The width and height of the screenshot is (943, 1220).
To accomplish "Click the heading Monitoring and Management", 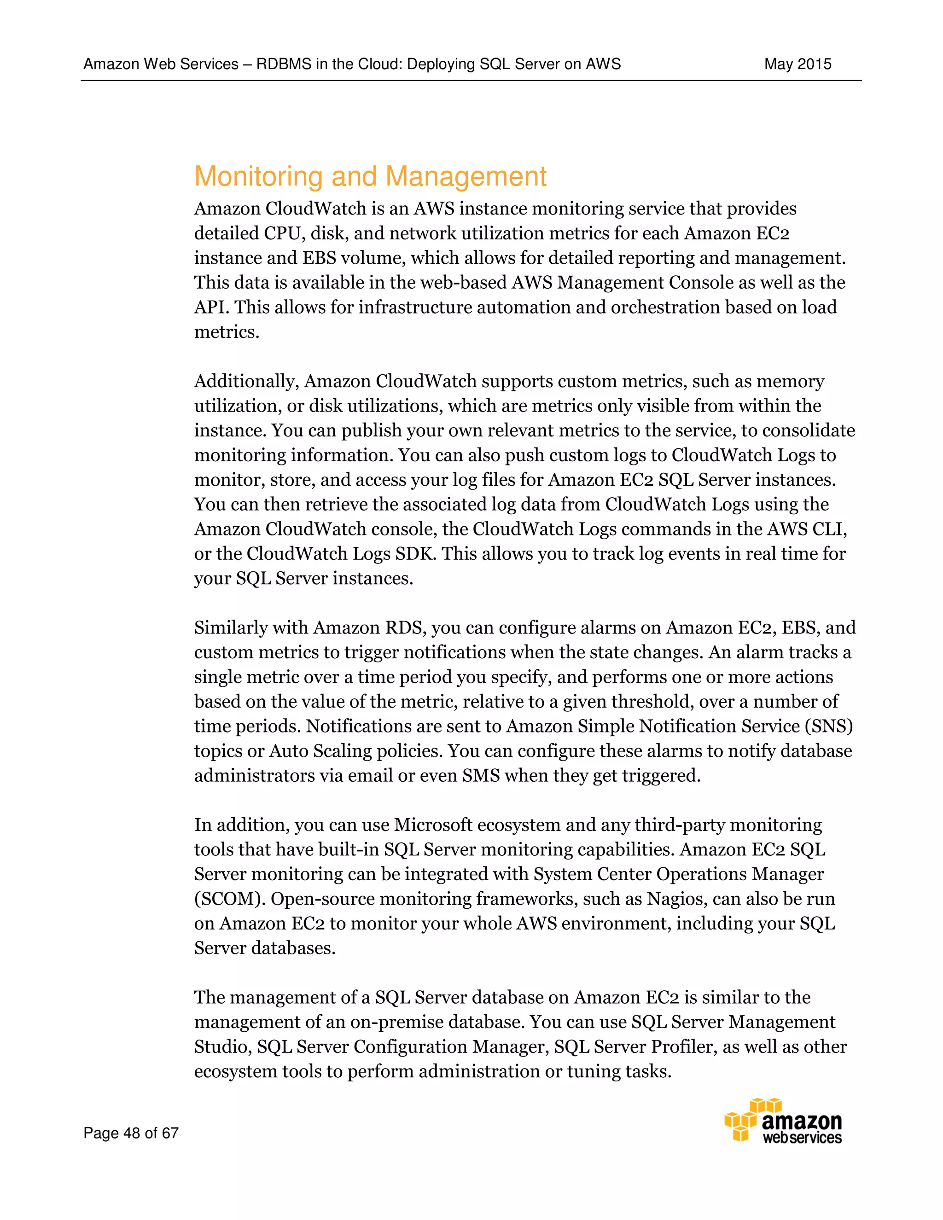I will [370, 176].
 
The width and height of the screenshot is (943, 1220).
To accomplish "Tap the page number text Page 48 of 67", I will [131, 1133].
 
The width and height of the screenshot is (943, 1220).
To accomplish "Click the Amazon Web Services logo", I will [783, 1121].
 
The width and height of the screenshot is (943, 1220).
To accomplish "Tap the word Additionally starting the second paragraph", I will [246, 382].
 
